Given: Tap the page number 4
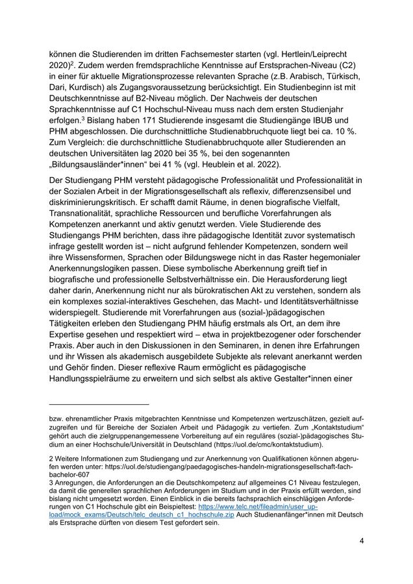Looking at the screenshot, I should [x=361, y=541].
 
